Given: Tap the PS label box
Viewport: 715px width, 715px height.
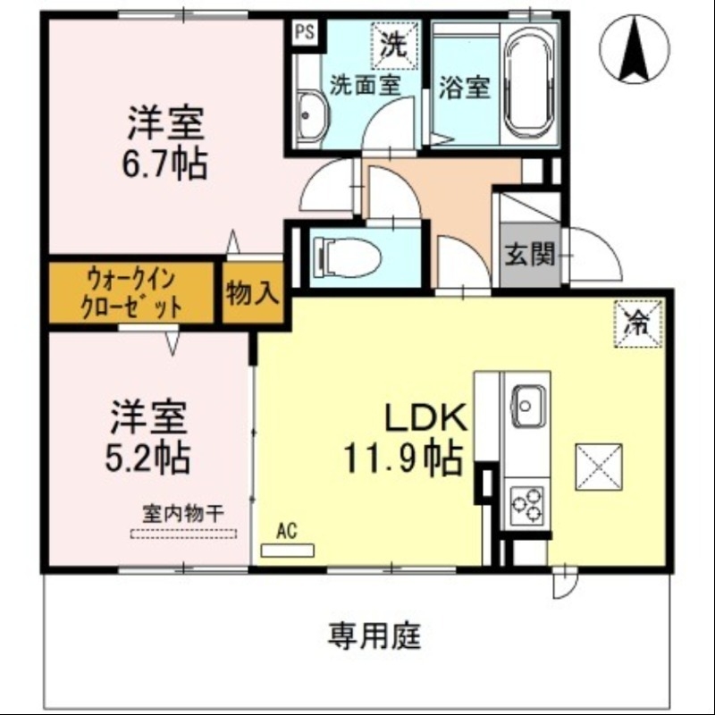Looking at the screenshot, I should (305, 32).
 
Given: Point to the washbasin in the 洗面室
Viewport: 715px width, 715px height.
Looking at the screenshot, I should (309, 117).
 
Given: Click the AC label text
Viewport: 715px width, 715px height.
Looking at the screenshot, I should (286, 530).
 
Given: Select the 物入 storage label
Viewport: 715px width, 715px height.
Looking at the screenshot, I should (253, 292).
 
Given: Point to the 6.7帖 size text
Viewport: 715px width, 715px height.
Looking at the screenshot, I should (166, 164).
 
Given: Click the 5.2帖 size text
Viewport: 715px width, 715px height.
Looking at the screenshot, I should (148, 458).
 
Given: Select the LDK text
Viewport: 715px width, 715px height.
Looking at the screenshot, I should (422, 417).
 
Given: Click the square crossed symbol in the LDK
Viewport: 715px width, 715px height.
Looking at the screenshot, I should (598, 467).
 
